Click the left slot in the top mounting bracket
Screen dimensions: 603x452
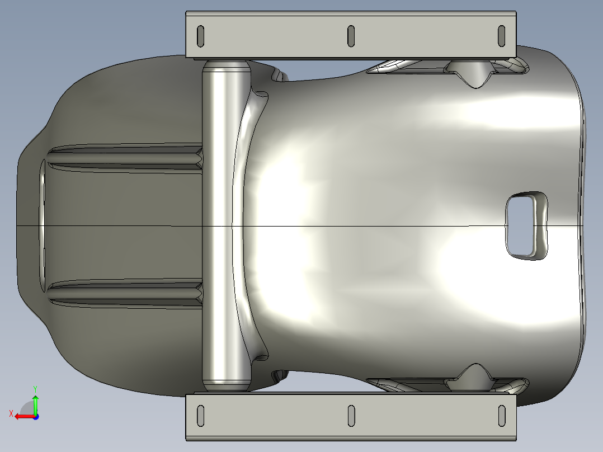click(200, 36)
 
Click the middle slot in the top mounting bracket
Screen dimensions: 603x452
click(351, 36)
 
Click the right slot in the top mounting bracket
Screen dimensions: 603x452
click(501, 36)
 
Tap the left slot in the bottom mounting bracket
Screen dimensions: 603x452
click(200, 416)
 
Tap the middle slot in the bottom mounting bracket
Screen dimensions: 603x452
click(351, 416)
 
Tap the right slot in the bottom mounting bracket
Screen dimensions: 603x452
click(502, 416)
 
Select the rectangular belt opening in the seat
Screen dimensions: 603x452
click(526, 226)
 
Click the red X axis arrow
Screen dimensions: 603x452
click(25, 417)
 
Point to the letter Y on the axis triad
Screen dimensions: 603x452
click(35, 389)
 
